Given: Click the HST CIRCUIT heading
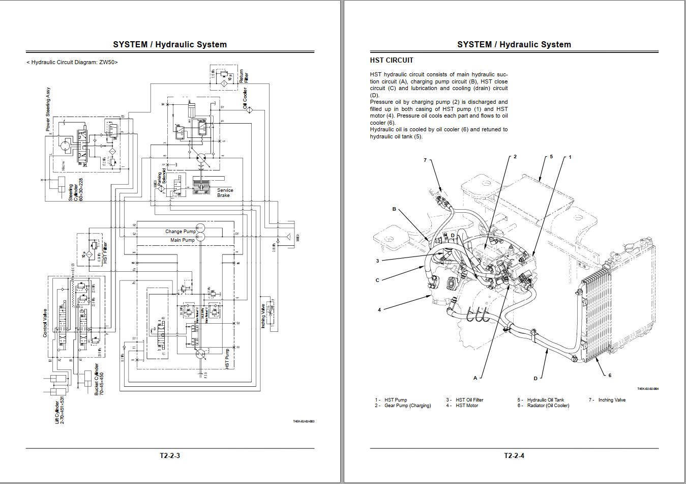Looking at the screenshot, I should (x=392, y=60).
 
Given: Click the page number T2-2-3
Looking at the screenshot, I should (x=170, y=455).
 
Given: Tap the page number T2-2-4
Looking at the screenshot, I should (x=514, y=455).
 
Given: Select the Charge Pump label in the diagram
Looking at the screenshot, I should (x=180, y=232).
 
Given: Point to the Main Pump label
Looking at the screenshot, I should (x=182, y=240).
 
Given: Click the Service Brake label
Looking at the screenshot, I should (x=225, y=193).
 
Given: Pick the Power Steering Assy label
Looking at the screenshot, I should (x=48, y=109).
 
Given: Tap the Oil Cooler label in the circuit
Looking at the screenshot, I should (x=245, y=99).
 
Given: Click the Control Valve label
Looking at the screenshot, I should (x=45, y=319).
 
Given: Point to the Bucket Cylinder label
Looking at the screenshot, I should (x=99, y=380).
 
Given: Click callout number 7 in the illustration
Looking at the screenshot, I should (x=425, y=160).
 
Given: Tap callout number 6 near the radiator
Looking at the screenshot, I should (x=610, y=376).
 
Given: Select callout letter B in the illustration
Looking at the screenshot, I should (x=394, y=209).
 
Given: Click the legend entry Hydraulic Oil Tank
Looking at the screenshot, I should (x=545, y=400).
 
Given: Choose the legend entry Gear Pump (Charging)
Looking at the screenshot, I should (x=407, y=406).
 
